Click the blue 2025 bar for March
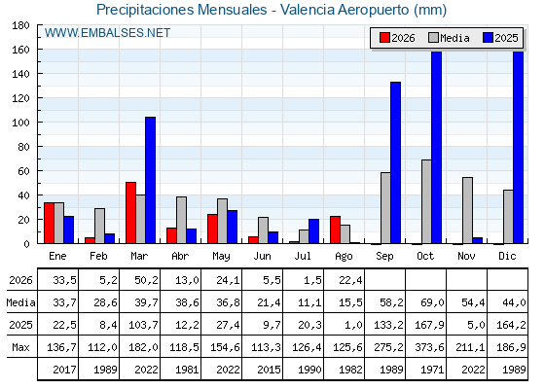click(151, 180)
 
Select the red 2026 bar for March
click(130, 213)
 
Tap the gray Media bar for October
click(426, 202)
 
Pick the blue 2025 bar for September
click(395, 163)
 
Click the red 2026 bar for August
click(335, 230)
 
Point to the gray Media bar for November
click(467, 210)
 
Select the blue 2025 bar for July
click(313, 231)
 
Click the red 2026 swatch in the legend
click(384, 38)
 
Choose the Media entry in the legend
click(449, 38)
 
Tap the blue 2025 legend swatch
click(488, 38)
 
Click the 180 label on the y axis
click(20, 25)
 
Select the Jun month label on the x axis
click(262, 257)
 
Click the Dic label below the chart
click(507, 257)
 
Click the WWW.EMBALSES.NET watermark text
click(107, 33)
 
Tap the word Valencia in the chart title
click(308, 10)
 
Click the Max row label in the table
click(20, 347)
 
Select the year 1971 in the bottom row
click(432, 370)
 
